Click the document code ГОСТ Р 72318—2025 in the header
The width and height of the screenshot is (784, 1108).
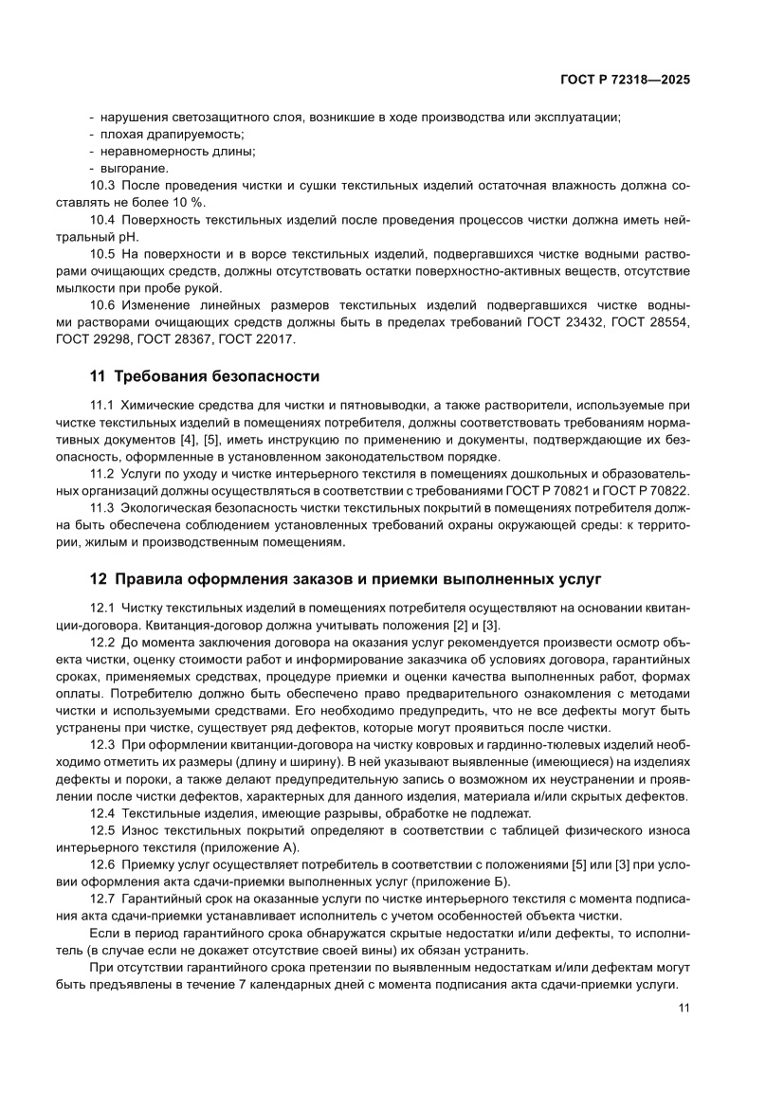tap(624, 81)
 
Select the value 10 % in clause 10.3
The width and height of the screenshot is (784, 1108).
tap(188, 204)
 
